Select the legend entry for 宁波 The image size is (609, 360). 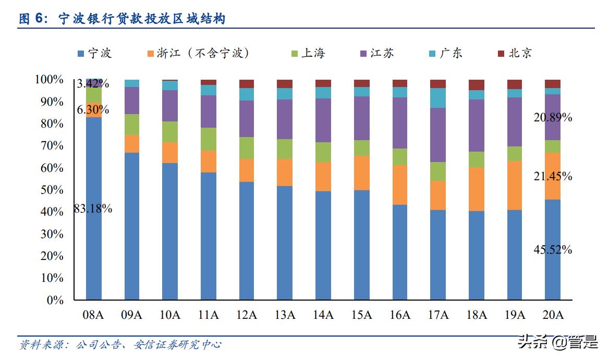(x=94, y=53)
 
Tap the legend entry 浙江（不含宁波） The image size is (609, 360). (x=198, y=53)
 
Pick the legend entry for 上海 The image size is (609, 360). (x=308, y=53)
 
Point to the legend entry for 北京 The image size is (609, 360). (x=515, y=53)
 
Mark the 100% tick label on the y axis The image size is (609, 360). (x=49, y=80)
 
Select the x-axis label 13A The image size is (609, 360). (x=285, y=315)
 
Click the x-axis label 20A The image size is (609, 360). (x=553, y=315)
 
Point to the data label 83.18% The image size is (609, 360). (x=93, y=209)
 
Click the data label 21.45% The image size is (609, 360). (x=553, y=177)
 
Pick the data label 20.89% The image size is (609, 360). (x=553, y=118)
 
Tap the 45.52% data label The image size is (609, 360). (x=553, y=250)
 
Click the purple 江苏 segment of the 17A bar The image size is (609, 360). (x=438, y=135)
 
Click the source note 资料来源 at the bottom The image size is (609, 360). (x=120, y=345)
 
